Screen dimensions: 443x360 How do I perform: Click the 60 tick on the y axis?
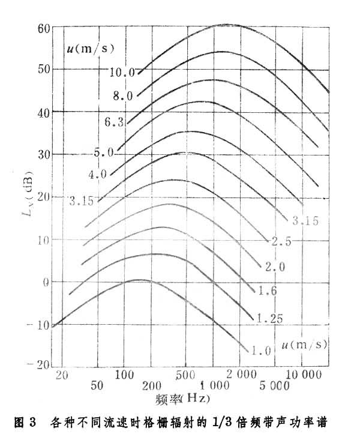coord(41,28)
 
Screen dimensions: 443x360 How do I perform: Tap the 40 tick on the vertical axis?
coord(41,112)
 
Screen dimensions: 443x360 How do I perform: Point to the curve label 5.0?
coord(103,153)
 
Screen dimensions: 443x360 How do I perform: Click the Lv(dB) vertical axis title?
coord(28,196)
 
